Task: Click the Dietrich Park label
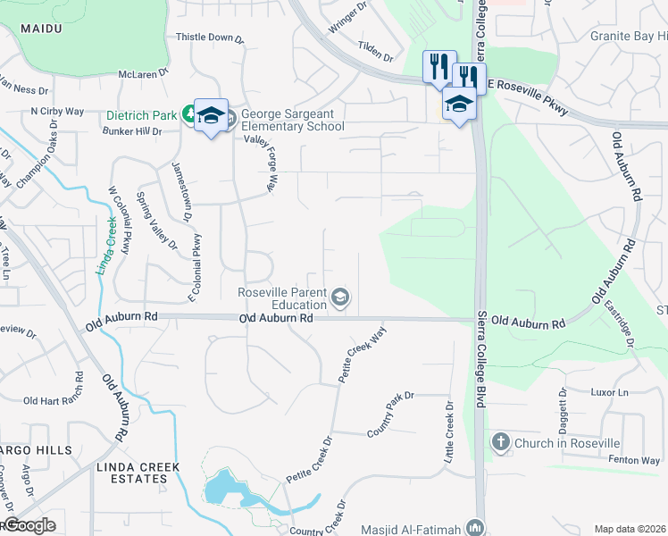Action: pyautogui.click(x=141, y=114)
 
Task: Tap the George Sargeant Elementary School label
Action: pyautogui.click(x=292, y=120)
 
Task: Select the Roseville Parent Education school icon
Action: pyautogui.click(x=339, y=297)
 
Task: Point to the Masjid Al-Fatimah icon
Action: pyautogui.click(x=474, y=529)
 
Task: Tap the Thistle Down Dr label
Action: pyautogui.click(x=210, y=38)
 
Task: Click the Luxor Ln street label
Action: pyautogui.click(x=611, y=393)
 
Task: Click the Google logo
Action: pyautogui.click(x=29, y=525)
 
